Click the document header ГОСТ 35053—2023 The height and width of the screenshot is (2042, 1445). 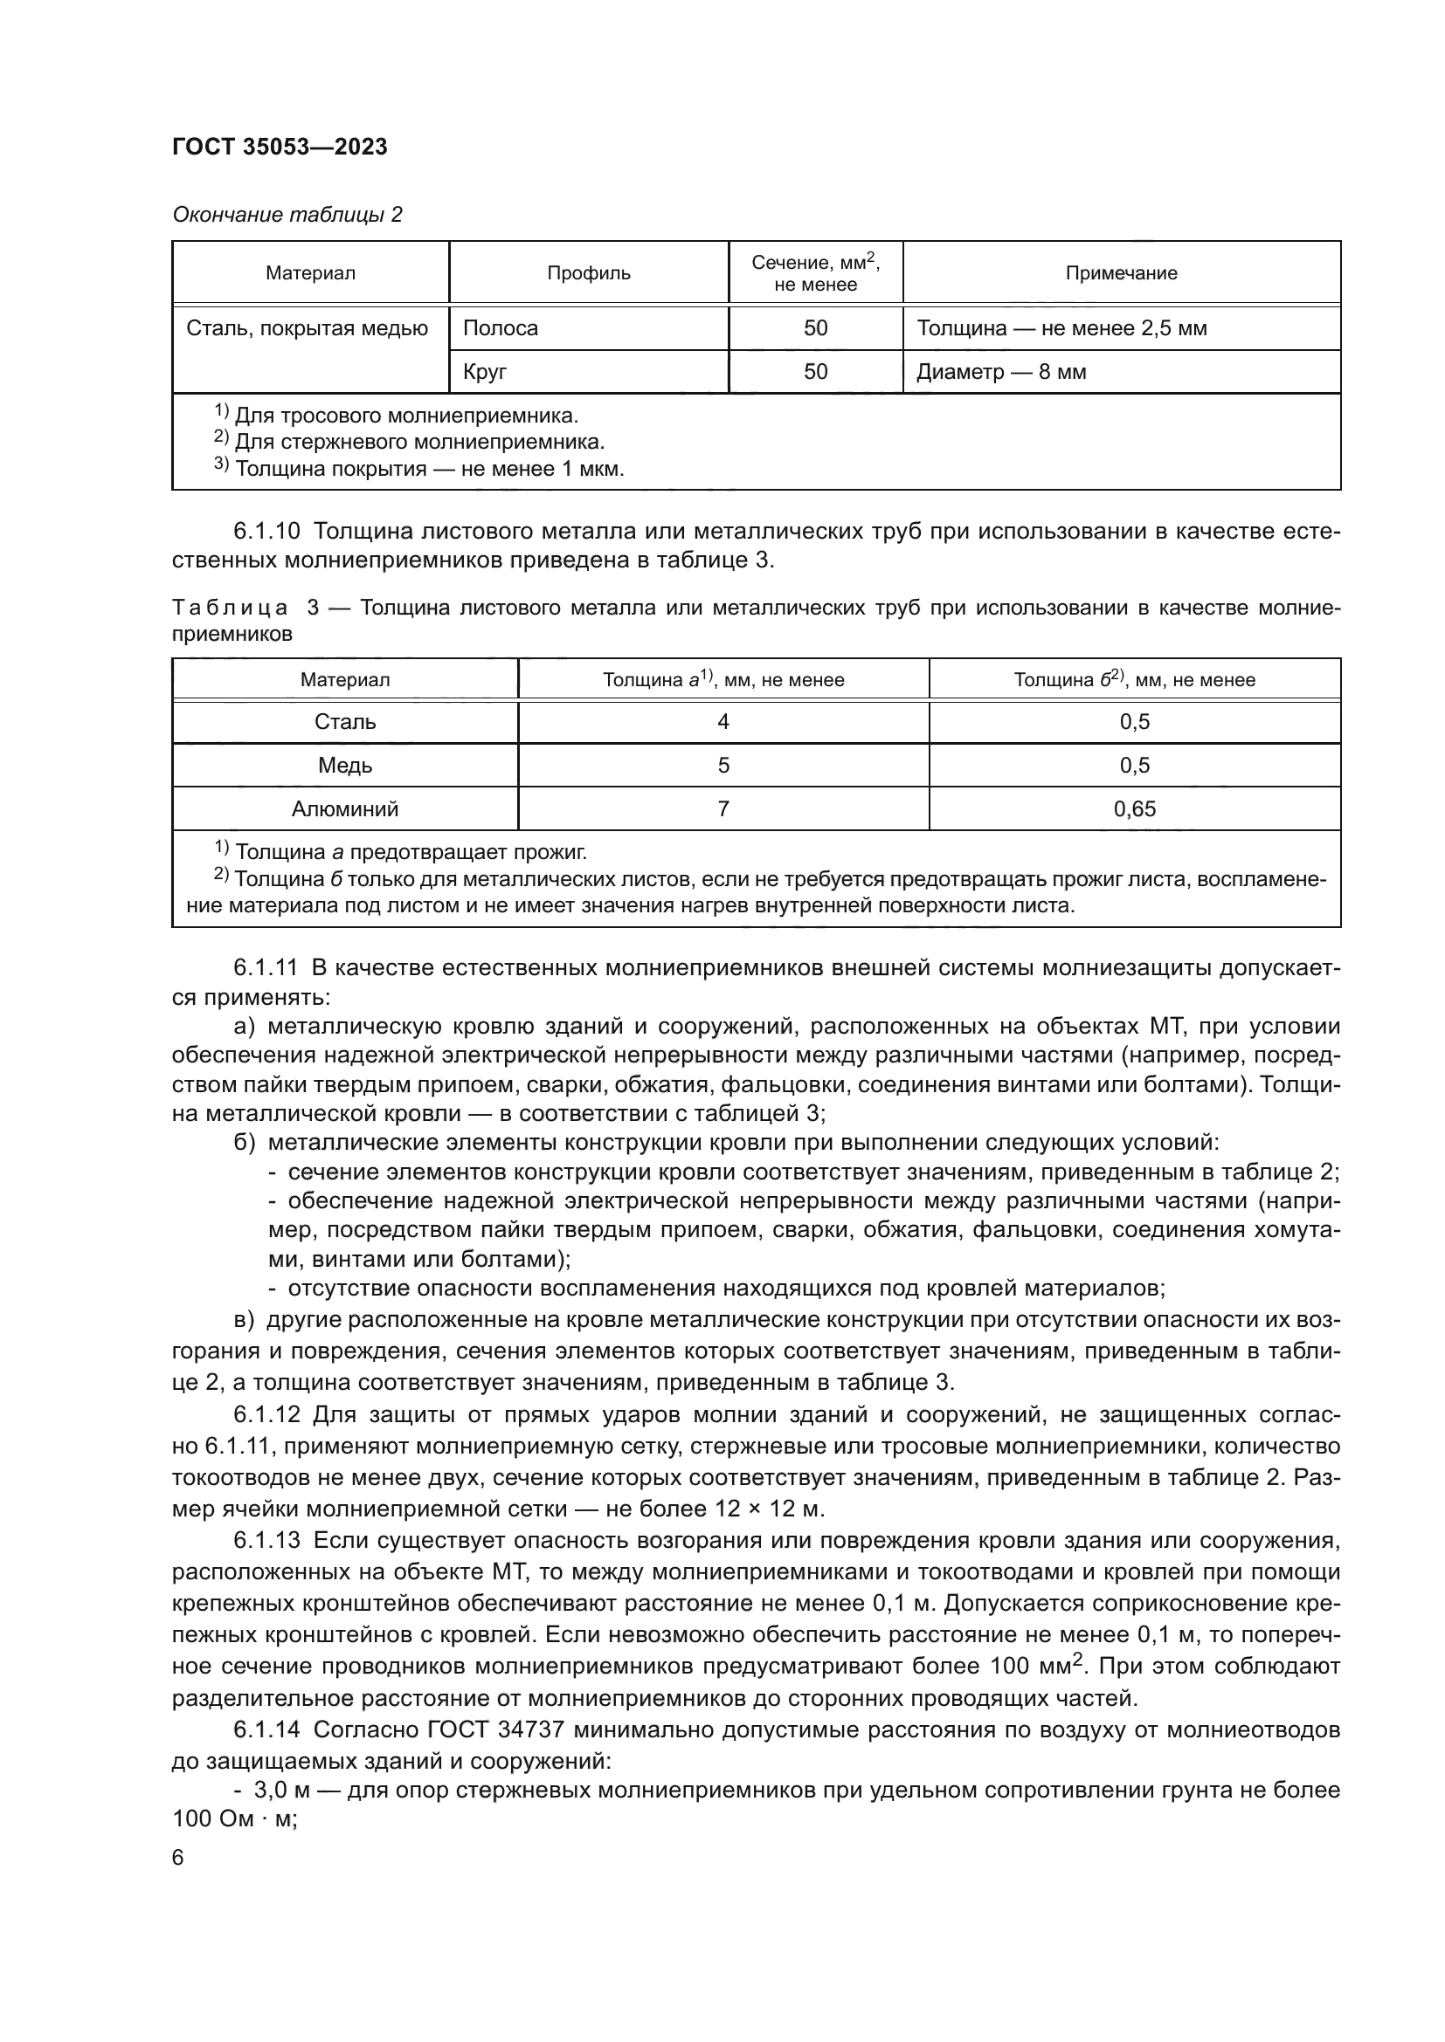point(280,148)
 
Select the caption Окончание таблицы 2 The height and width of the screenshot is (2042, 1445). point(287,215)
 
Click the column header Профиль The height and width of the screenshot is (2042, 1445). point(588,273)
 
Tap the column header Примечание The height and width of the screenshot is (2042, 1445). point(1120,273)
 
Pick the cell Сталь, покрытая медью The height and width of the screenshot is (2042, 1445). point(307,328)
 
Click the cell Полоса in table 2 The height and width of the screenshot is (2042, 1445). point(500,328)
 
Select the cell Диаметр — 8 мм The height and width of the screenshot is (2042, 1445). point(1001,372)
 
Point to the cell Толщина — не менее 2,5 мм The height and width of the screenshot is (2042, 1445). point(1061,328)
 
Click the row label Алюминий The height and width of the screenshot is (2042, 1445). point(345,809)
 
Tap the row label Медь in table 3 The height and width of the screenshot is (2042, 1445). point(345,766)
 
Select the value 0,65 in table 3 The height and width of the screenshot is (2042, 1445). point(1134,809)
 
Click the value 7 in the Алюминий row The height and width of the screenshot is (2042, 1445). point(722,809)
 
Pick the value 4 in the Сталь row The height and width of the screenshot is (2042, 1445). point(722,722)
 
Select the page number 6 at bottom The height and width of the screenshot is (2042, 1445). point(178,1858)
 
